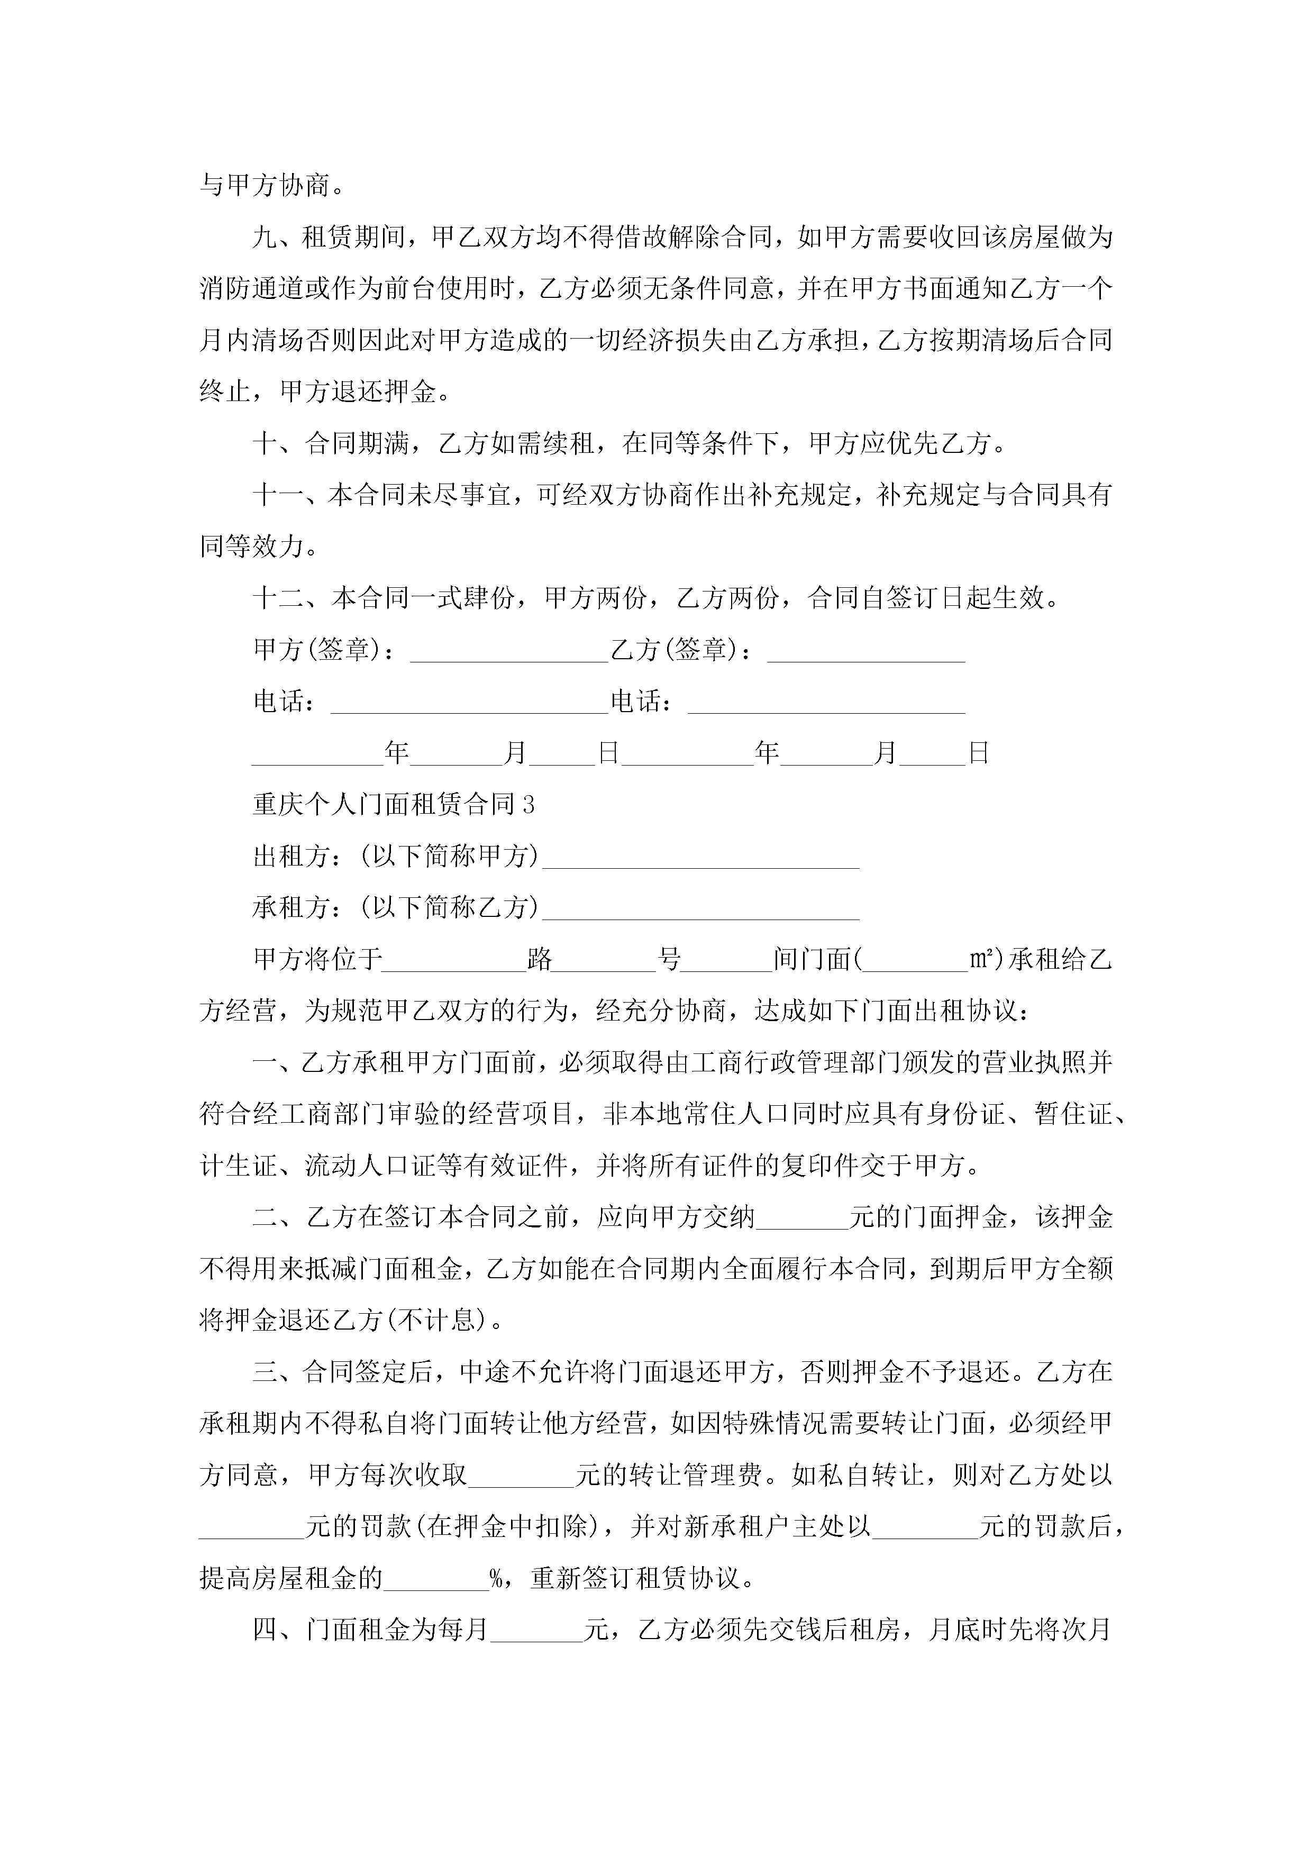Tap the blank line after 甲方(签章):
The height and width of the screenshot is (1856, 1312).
pos(509,651)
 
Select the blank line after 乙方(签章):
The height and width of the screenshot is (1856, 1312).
pos(866,651)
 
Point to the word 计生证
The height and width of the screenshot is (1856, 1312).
pos(239,1167)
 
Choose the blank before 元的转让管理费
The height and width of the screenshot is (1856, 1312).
pos(522,1475)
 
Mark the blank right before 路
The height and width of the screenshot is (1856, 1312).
pos(454,960)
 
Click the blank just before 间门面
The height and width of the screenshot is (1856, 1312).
pos(727,960)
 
